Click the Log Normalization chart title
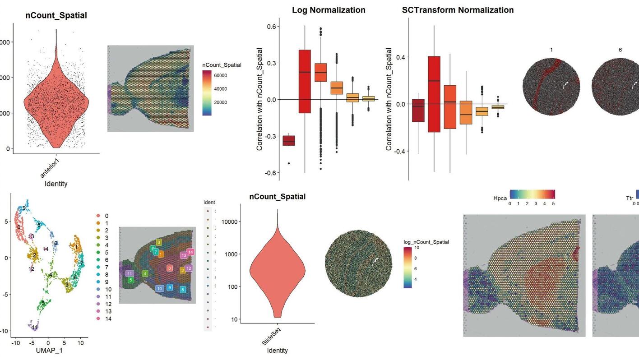click(x=329, y=10)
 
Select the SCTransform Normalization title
click(x=458, y=10)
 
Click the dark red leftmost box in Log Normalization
click(x=289, y=140)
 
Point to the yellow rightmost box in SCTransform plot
click(x=498, y=107)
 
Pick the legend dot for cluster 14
click(x=98, y=318)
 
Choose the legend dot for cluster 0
click(x=98, y=216)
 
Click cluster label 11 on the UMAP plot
click(x=34, y=327)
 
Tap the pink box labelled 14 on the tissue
click(x=190, y=252)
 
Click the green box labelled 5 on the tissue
click(x=131, y=280)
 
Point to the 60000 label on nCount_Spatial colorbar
click(x=221, y=75)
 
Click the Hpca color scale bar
click(x=532, y=194)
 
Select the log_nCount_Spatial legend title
click(x=426, y=242)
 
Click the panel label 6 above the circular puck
click(x=620, y=50)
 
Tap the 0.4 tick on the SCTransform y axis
click(x=400, y=57)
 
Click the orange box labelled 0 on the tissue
click(x=169, y=268)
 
